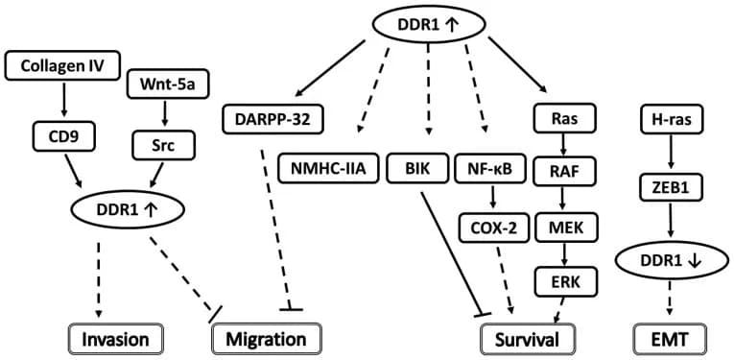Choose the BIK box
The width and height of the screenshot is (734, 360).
[x=415, y=169]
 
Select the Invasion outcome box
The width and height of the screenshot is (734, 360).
[x=115, y=339]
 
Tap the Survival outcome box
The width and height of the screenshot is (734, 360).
[x=527, y=339]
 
